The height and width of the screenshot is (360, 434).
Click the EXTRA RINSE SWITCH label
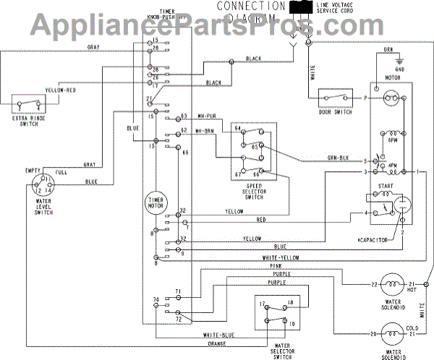pos(25,120)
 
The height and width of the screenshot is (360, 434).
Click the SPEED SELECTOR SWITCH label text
pos(248,190)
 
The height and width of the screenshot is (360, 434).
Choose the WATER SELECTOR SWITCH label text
pos(278,349)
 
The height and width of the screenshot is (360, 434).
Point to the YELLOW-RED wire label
pos(61,92)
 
